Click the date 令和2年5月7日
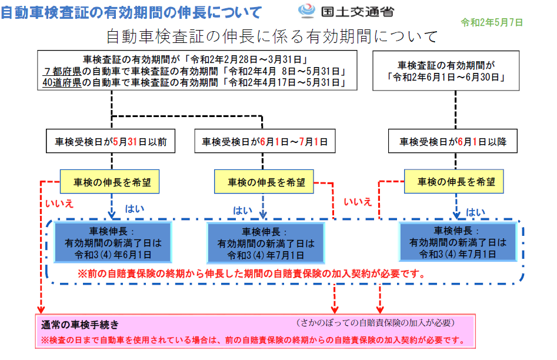coord(492,23)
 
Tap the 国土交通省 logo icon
coord(306,11)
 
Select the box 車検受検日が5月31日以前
coord(111,141)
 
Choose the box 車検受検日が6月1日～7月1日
coord(265,141)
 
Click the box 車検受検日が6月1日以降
coord(452,141)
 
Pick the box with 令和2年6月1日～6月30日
coord(446,71)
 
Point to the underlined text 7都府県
coord(62,71)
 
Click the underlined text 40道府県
coord(62,82)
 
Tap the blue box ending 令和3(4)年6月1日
coord(113,243)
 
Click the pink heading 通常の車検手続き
coord(80,325)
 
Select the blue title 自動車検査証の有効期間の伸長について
coord(131,12)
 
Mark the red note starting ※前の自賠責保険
coord(252,274)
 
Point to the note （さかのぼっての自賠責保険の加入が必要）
coord(375,323)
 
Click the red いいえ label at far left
coord(59,204)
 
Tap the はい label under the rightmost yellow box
coord(475,212)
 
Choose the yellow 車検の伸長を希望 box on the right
coord(453,182)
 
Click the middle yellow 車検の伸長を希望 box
coord(264,182)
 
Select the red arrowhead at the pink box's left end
coord(41,310)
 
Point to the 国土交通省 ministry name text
coord(358,12)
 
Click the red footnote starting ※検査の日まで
coord(254,340)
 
